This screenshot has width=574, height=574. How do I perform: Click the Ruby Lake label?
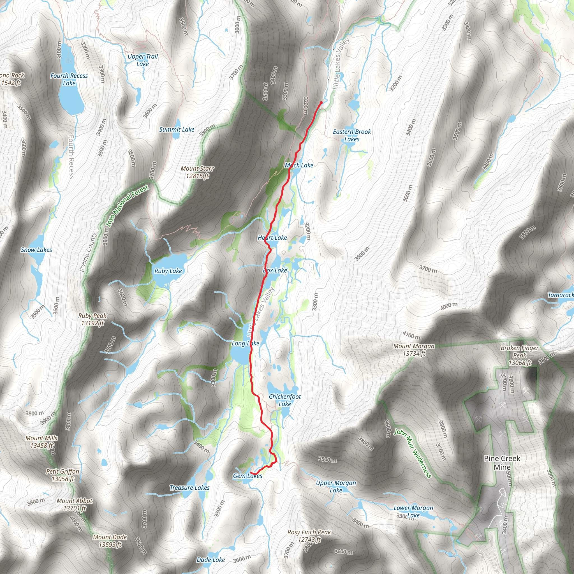coord(168,271)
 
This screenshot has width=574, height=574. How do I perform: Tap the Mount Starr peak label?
coord(197,172)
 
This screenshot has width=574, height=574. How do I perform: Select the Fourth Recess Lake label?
coord(69,79)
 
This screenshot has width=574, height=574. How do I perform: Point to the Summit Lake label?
coord(177,129)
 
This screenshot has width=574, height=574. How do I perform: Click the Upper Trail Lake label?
coord(143,60)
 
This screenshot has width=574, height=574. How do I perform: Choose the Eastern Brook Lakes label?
coord(352,135)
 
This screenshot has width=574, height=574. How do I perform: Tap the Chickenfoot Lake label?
coord(285,400)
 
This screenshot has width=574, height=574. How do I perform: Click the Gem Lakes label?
coord(247,476)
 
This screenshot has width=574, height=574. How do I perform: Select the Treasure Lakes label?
coord(189,488)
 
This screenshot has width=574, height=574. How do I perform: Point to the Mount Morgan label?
coord(414,350)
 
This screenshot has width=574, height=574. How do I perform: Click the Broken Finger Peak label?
coord(520,355)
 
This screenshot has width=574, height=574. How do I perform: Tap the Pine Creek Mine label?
coord(502,462)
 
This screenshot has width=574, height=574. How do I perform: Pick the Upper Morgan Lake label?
coord(336,486)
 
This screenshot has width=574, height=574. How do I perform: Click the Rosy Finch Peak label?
coord(309,536)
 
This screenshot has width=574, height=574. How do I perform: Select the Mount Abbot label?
coord(75,504)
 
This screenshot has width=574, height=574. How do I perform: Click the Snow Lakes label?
coord(36,250)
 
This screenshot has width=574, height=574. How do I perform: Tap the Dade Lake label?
coord(211,560)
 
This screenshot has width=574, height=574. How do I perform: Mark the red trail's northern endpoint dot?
coord(321,103)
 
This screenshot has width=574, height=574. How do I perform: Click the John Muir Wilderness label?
coord(412,453)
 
